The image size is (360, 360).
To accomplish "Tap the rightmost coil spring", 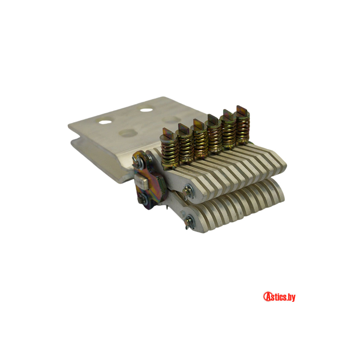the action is click(x=243, y=129).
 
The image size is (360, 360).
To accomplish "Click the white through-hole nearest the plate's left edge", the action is click(x=105, y=122).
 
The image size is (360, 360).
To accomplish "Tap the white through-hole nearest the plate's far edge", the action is click(x=146, y=110).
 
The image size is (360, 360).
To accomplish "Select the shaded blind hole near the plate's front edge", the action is click(x=128, y=133).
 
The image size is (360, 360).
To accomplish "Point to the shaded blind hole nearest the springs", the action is click(x=171, y=120).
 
